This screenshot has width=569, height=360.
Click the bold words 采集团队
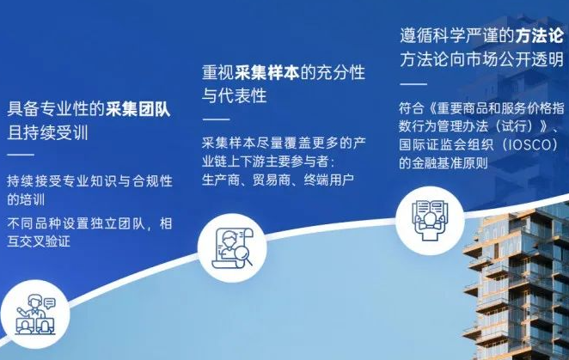pyautogui.click(x=138, y=109)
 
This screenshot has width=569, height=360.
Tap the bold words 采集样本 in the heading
pyautogui.click(x=267, y=72)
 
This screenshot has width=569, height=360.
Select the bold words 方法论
pyautogui.click(x=540, y=35)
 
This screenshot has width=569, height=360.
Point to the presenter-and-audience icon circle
pyautogui.click(x=35, y=314)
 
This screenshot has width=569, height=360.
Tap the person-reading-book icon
pyautogui.click(x=430, y=221)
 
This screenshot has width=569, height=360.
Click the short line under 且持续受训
pyautogui.click(x=21, y=155)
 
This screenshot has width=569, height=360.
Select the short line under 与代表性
pyautogui.click(x=216, y=119)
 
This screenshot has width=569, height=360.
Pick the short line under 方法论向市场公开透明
pyautogui.click(x=413, y=84)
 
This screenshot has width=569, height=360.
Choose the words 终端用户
pyautogui.click(x=329, y=180)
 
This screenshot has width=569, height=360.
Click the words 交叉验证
pyautogui.click(x=45, y=241)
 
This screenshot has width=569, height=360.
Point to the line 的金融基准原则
pyautogui.click(x=443, y=163)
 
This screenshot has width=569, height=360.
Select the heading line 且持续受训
pyautogui.click(x=47, y=133)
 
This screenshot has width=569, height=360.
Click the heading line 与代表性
pyautogui.click(x=235, y=96)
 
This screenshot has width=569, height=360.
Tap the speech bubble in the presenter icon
pyautogui.click(x=49, y=302)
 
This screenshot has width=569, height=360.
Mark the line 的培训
pyautogui.click(x=26, y=200)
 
